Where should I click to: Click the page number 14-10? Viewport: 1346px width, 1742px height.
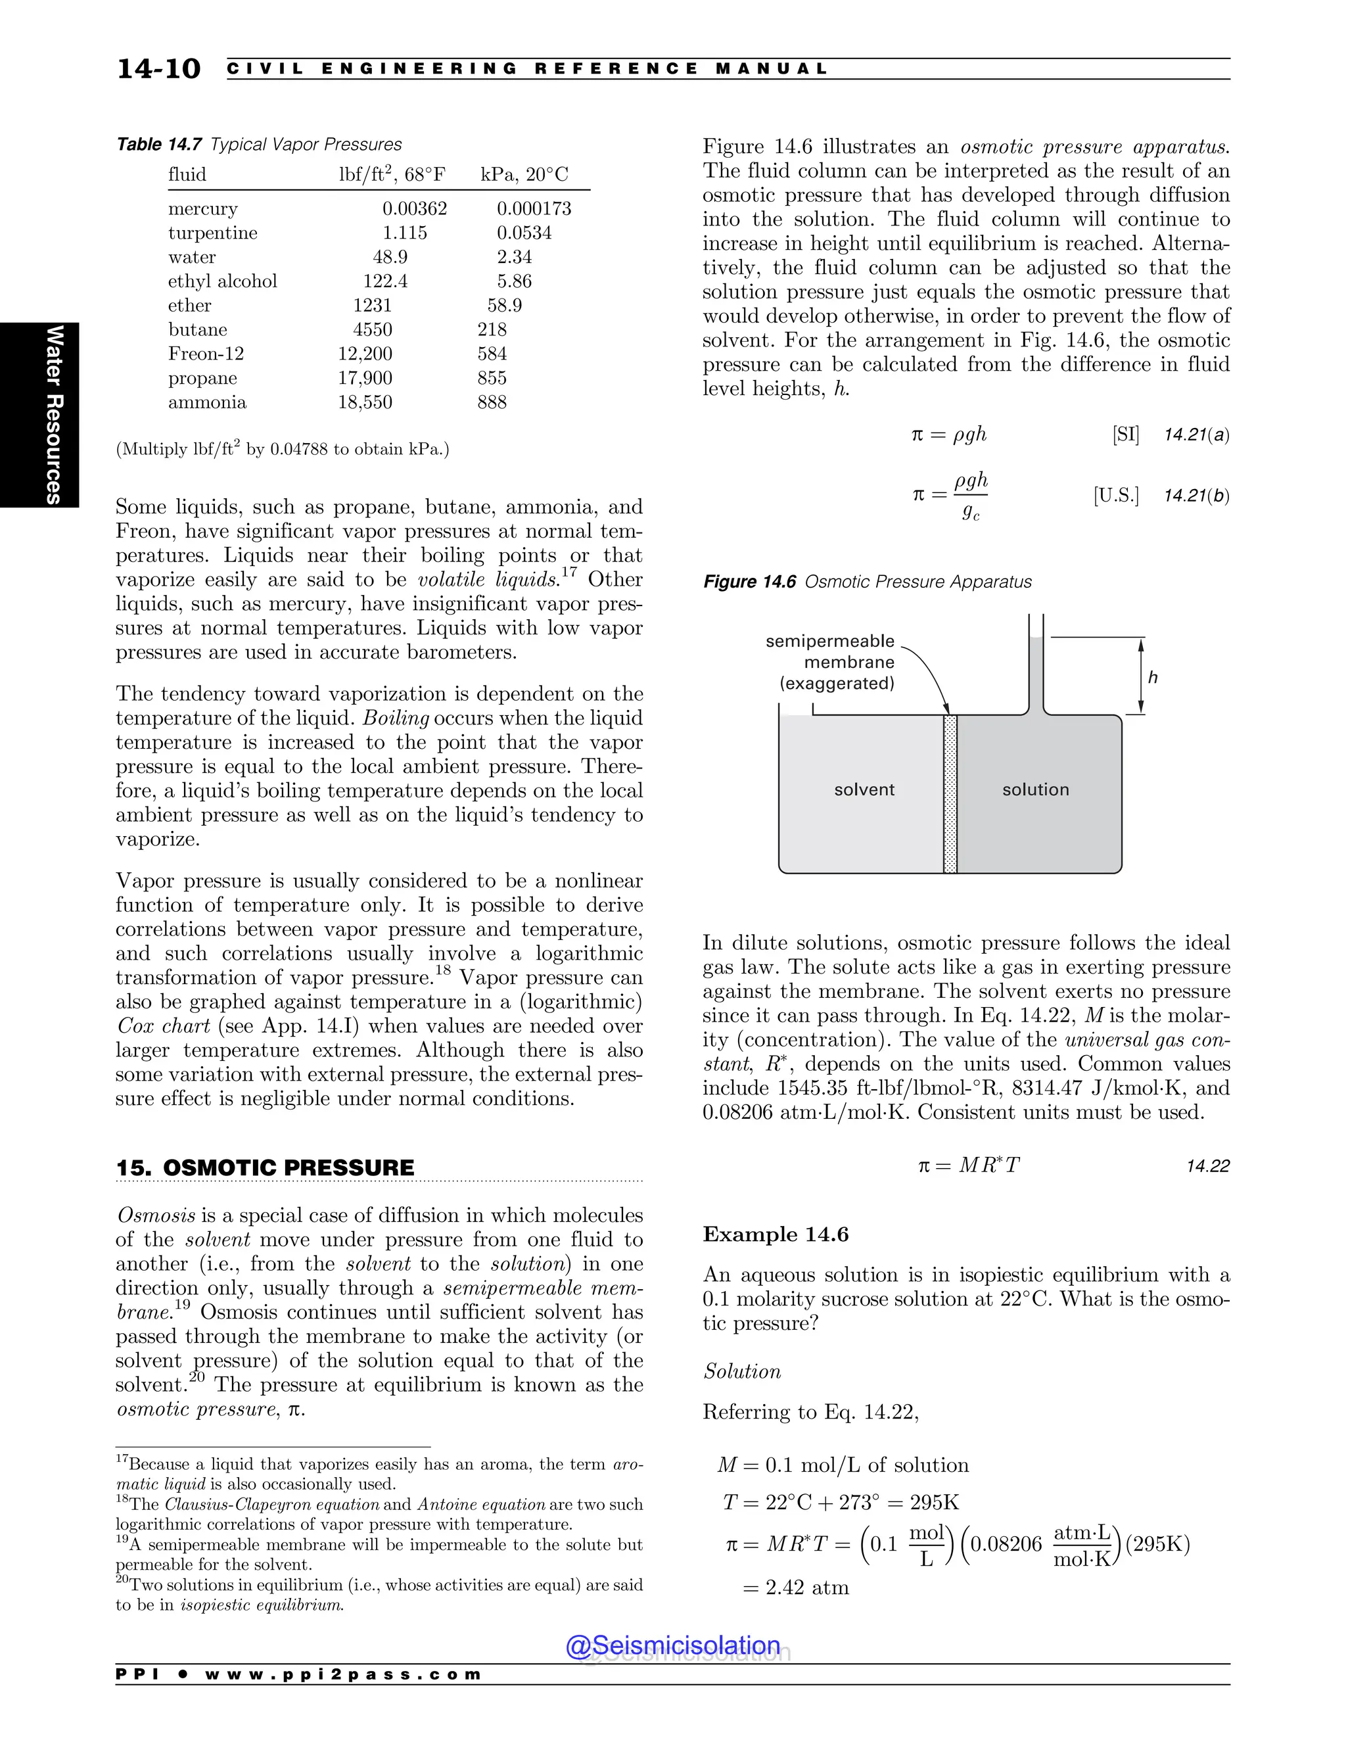pyautogui.click(x=158, y=68)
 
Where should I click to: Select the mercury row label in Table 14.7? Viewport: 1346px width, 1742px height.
pyautogui.click(x=202, y=209)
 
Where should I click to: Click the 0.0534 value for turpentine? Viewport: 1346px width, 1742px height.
pyautogui.click(x=524, y=233)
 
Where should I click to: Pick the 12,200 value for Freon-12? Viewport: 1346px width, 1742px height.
pyautogui.click(x=364, y=354)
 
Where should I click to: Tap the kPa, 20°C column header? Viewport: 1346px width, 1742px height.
pyautogui.click(x=524, y=175)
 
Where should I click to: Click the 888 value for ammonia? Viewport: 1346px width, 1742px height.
pyautogui.click(x=492, y=402)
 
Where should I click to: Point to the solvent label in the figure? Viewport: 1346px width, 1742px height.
pyautogui.click(x=864, y=789)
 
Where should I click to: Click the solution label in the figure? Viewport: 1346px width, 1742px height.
pyautogui.click(x=1035, y=789)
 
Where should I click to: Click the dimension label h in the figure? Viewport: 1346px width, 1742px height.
pyautogui.click(x=1152, y=677)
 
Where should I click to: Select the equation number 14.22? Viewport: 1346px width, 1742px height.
pyautogui.click(x=1207, y=1166)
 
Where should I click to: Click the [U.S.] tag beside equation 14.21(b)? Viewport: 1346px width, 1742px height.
pyautogui.click(x=1115, y=496)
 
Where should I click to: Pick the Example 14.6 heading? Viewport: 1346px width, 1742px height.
pyautogui.click(x=775, y=1235)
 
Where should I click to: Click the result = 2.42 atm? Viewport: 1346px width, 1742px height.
pyautogui.click(x=796, y=1588)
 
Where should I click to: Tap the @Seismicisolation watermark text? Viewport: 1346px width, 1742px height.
pyautogui.click(x=673, y=1645)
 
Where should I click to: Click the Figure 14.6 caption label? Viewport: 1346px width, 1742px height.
pyautogui.click(x=749, y=582)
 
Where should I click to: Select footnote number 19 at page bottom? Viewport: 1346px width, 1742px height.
pyautogui.click(x=121, y=1541)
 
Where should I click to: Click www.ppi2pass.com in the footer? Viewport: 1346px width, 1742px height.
pyautogui.click(x=343, y=1674)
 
